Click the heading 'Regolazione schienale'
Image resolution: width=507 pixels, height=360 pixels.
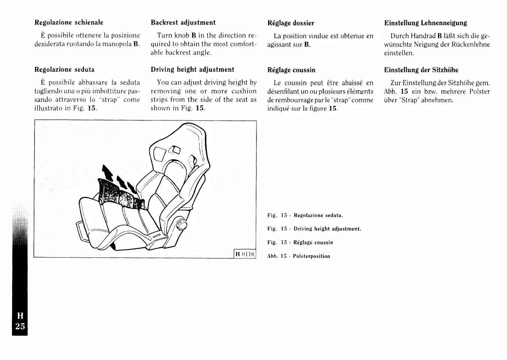click(69, 22)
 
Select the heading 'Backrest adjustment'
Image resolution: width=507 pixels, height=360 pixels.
click(183, 22)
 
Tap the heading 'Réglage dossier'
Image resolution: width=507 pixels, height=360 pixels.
click(291, 23)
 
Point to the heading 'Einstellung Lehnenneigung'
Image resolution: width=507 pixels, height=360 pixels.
click(426, 23)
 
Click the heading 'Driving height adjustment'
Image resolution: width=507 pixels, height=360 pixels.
click(192, 70)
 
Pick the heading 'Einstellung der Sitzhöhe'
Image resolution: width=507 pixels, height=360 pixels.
click(421, 70)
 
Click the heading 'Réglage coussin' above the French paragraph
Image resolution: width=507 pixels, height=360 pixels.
click(291, 70)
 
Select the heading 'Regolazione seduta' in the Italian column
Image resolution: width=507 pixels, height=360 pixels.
click(64, 70)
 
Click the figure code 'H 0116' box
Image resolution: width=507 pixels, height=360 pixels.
click(245, 254)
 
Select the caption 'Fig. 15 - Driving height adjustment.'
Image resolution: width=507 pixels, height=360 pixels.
click(314, 229)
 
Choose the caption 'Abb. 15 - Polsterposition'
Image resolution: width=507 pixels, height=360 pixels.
click(298, 256)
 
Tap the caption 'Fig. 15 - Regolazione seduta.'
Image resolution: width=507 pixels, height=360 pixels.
click(305, 216)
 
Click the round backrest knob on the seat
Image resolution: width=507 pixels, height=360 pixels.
click(182, 226)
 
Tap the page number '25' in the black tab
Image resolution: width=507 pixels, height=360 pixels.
click(20, 326)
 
